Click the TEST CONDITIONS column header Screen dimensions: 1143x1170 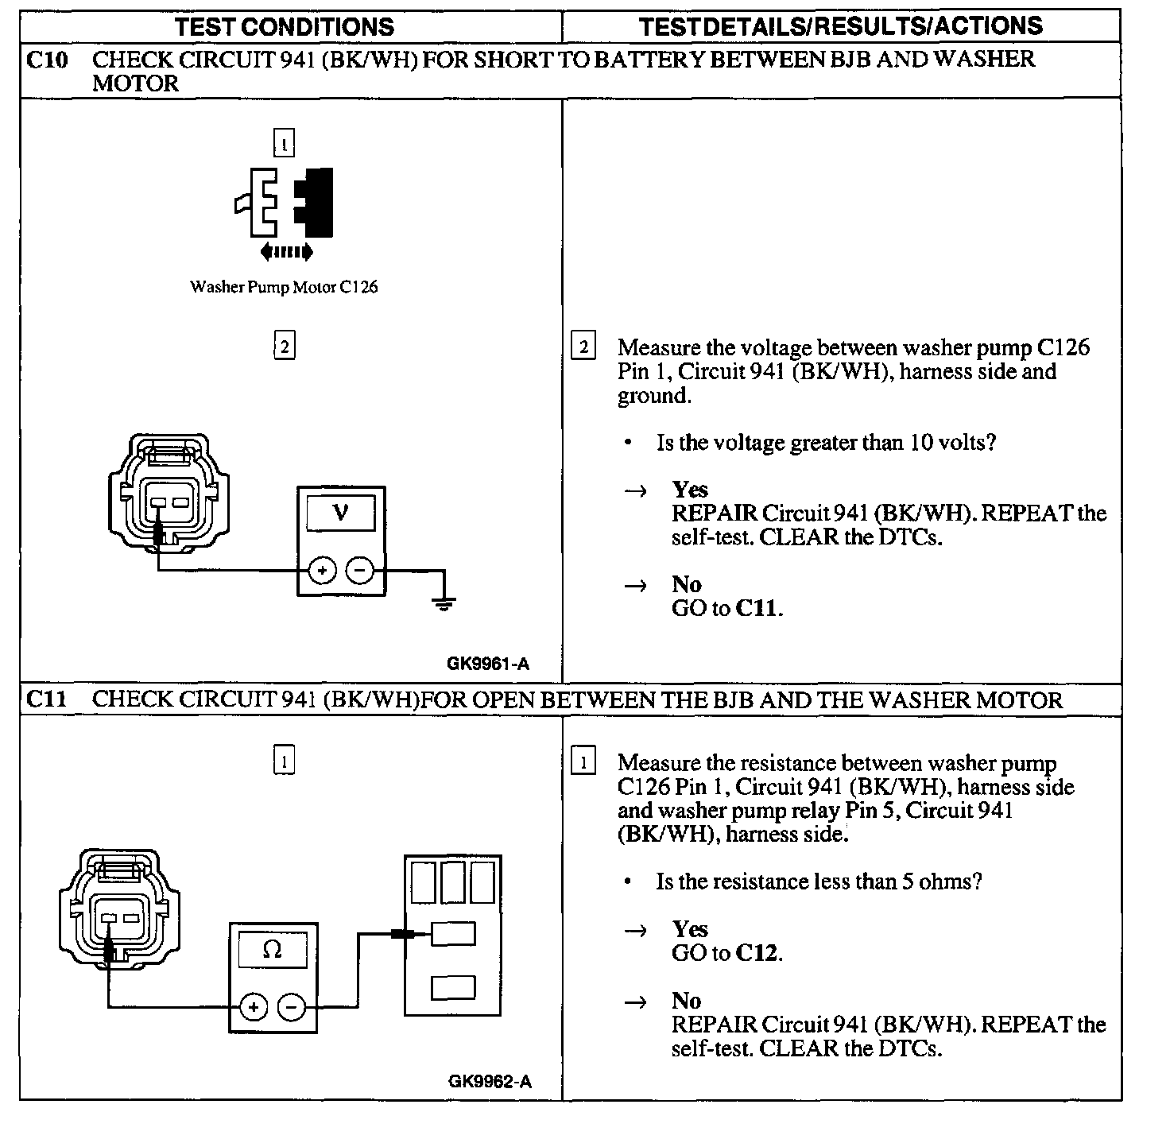pos(284,27)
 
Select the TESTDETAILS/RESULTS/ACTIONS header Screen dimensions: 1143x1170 pos(840,27)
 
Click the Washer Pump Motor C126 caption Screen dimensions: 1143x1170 pos(284,287)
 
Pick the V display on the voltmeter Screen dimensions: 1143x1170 pos(341,513)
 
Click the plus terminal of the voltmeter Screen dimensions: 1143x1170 pos(322,571)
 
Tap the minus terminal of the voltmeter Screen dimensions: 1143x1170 pos(361,571)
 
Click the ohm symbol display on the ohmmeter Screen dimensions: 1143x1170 pos(273,949)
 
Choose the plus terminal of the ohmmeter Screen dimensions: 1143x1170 pos(254,1008)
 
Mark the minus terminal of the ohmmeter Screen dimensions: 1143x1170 pos(292,1008)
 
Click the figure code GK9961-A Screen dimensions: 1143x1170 pos(487,664)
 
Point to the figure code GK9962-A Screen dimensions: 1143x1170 pos(490,1081)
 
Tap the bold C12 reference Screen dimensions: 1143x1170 pos(757,952)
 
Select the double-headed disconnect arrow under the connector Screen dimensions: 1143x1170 pos(286,253)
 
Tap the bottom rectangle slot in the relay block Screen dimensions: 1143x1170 pos(453,987)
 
